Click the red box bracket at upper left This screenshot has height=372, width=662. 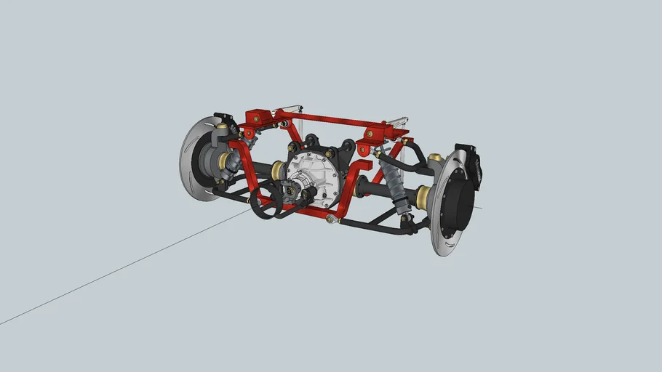(x=258, y=117)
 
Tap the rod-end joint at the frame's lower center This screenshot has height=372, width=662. (x=331, y=218)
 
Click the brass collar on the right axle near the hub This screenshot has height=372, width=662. (x=423, y=195)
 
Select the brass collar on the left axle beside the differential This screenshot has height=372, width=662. (x=279, y=171)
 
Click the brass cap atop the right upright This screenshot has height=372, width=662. (x=435, y=157)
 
